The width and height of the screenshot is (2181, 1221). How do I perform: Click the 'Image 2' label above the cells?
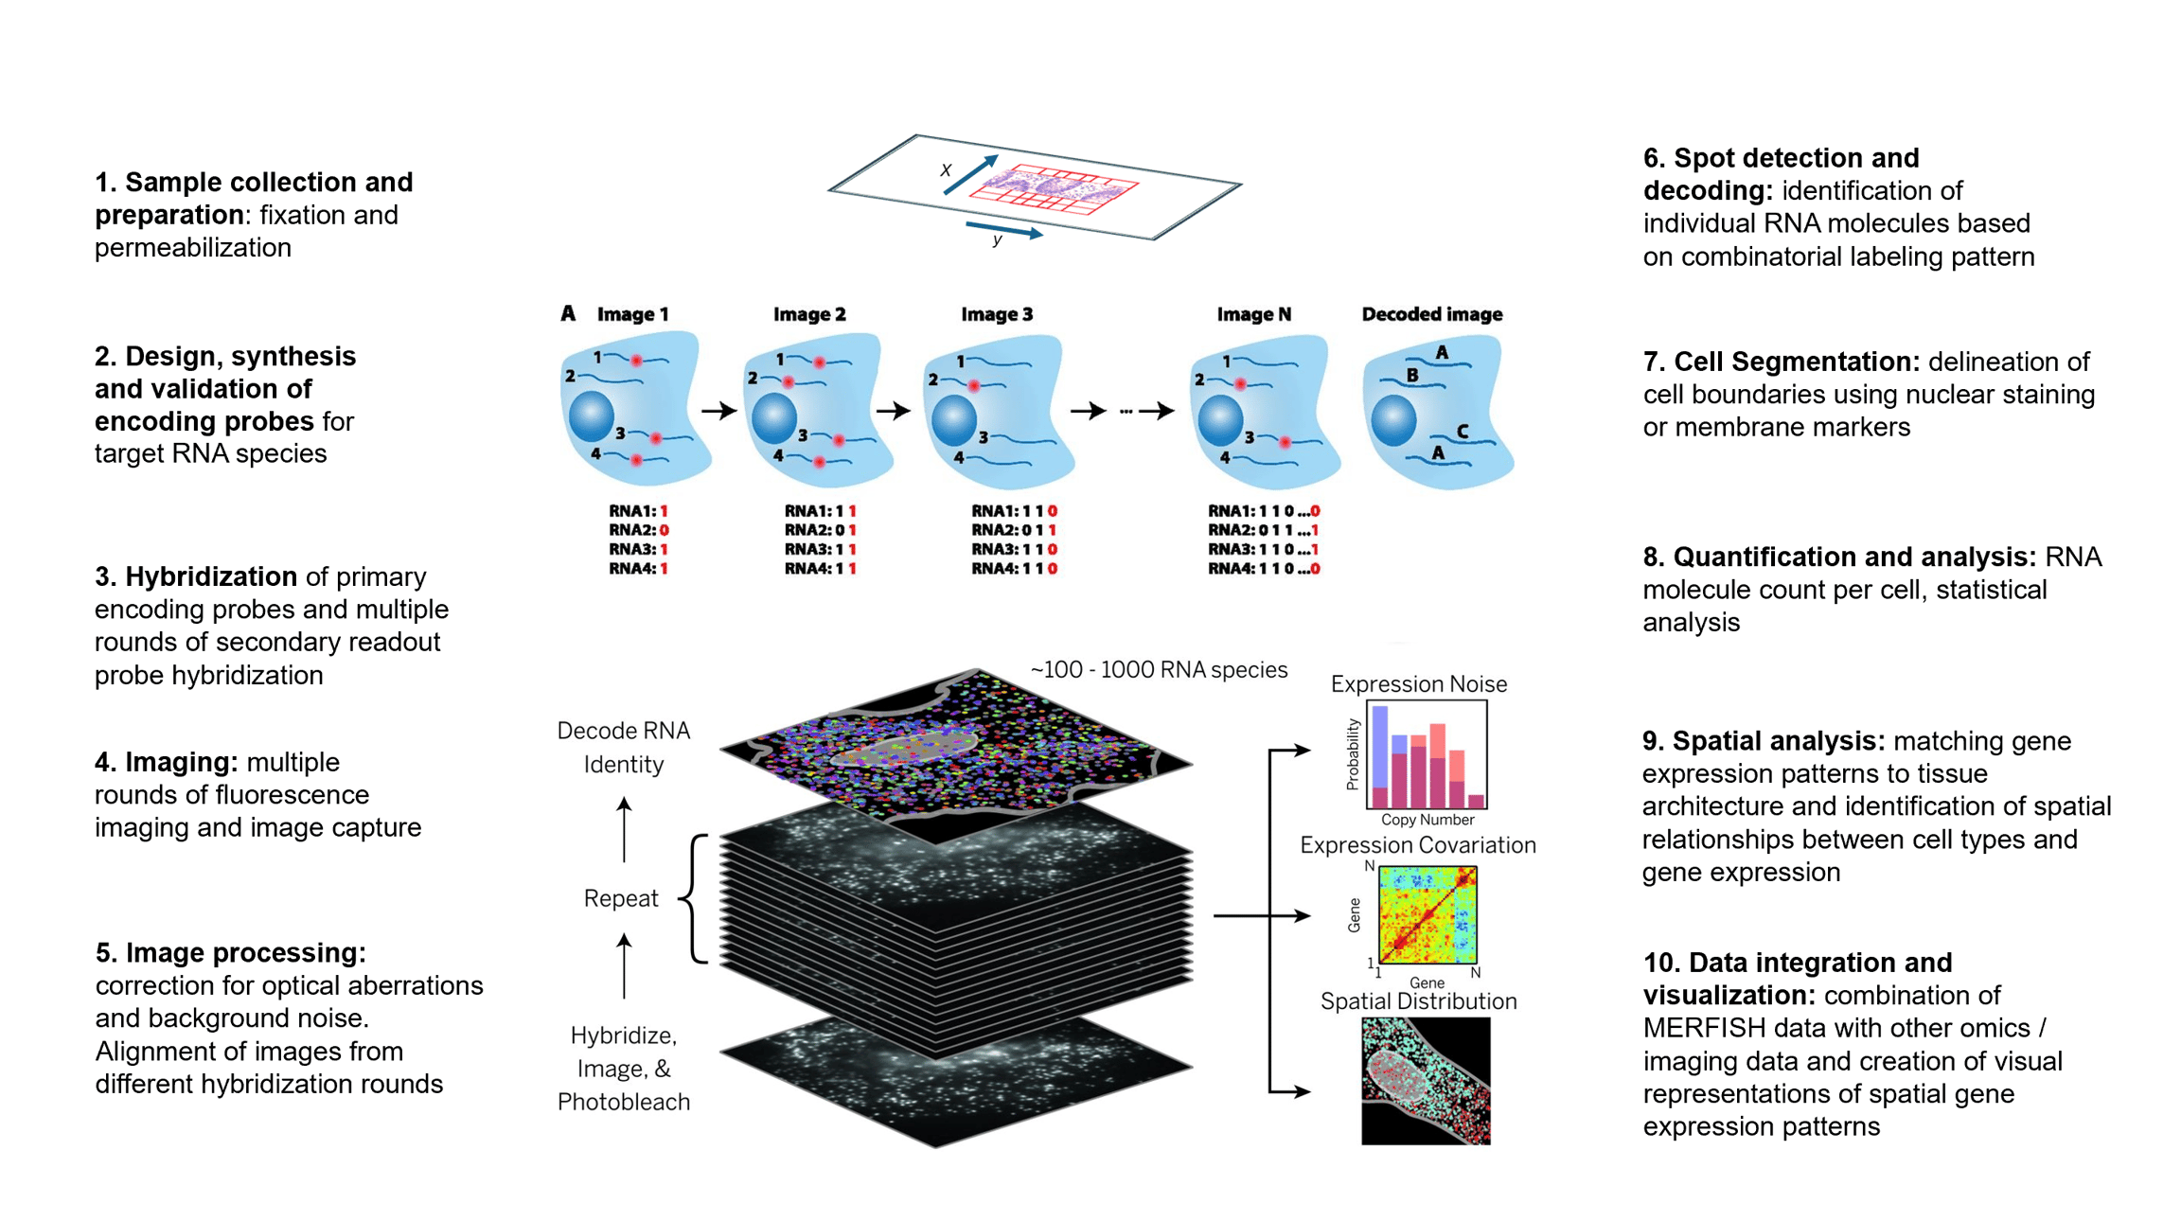tap(808, 314)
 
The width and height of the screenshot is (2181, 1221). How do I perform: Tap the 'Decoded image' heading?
tap(1431, 314)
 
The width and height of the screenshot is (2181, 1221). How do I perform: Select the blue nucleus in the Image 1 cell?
tap(592, 416)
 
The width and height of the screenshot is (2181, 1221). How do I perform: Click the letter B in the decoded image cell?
tap(1411, 375)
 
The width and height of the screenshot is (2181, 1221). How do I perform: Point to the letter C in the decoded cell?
tap(1462, 432)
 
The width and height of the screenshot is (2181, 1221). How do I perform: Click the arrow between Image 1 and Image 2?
tap(718, 411)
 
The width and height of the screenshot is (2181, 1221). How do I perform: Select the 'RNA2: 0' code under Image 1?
tap(638, 530)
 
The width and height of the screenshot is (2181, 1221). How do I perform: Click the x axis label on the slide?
tap(945, 170)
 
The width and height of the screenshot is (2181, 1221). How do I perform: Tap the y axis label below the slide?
tap(997, 240)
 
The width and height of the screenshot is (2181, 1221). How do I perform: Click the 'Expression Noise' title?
tap(1418, 684)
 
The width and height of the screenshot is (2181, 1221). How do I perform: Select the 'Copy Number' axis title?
tap(1427, 820)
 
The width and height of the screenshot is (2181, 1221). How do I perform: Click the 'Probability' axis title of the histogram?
tap(1353, 754)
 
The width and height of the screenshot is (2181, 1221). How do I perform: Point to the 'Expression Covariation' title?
tap(1417, 845)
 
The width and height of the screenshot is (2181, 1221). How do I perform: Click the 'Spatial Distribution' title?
tap(1418, 1001)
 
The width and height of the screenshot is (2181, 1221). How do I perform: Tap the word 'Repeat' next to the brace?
tap(620, 898)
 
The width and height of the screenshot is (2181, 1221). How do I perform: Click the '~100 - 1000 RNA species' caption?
tap(1159, 670)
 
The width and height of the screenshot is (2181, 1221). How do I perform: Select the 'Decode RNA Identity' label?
tap(623, 747)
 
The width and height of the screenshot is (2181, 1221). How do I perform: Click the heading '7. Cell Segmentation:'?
tap(1781, 362)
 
